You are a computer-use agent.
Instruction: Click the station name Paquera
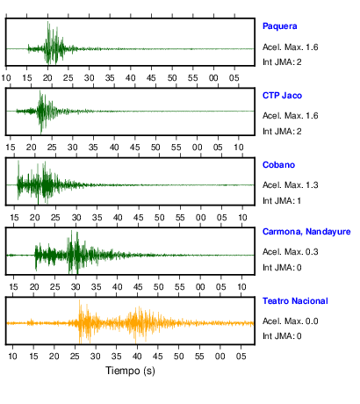tap(280, 26)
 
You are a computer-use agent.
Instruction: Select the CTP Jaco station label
tap(282, 96)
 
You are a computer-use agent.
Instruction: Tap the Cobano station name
tap(278, 165)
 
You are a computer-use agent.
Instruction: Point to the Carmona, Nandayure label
tap(306, 232)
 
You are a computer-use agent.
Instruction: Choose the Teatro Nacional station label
tap(295, 301)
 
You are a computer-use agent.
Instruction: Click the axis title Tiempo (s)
tap(130, 371)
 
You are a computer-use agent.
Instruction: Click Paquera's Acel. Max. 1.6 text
tap(291, 47)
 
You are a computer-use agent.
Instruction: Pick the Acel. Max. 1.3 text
tap(291, 185)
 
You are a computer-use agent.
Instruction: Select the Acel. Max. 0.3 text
tap(291, 252)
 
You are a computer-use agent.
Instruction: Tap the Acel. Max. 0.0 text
tap(291, 321)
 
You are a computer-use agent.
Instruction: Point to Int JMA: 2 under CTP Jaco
tap(282, 132)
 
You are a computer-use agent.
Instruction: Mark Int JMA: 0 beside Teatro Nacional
tap(282, 335)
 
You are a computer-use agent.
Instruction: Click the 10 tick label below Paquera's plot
tap(6, 78)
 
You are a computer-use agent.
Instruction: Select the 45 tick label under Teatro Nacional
tap(158, 357)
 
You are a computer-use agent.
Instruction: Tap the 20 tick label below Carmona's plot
tap(34, 287)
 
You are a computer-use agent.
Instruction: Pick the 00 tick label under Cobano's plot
tap(201, 218)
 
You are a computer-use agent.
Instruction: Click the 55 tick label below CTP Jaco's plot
tap(176, 148)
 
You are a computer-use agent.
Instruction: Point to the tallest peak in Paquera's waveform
tap(48, 22)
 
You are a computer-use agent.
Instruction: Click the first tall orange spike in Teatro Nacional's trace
tap(79, 301)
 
